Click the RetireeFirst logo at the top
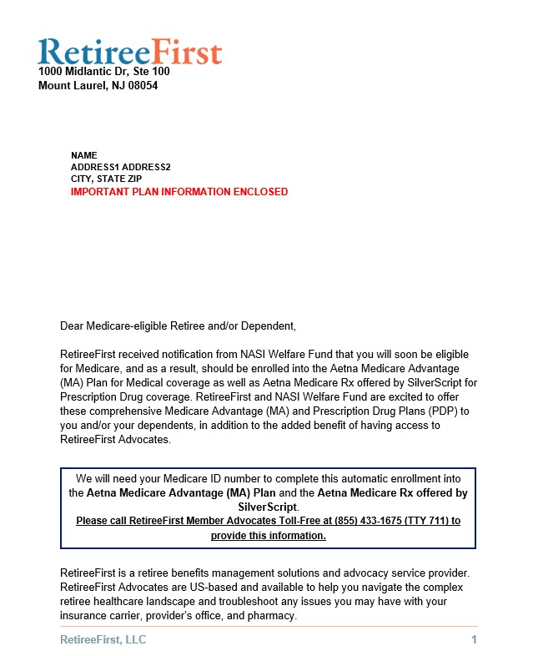point(129,51)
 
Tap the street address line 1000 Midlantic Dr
point(91,72)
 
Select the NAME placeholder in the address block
point(84,155)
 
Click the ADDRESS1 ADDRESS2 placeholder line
point(120,167)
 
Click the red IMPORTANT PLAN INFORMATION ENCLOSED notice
point(179,192)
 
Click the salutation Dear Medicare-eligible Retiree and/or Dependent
point(178,325)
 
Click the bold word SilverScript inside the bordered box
point(267,507)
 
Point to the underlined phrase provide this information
point(268,536)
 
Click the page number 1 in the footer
point(474,639)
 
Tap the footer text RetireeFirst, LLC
point(103,639)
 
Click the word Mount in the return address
point(54,85)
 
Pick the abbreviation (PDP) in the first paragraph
point(447,411)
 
